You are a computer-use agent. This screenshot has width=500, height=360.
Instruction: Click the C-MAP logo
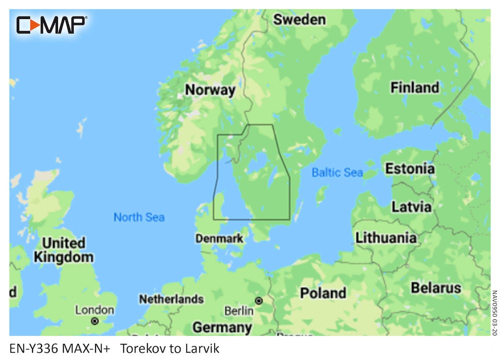click(x=51, y=25)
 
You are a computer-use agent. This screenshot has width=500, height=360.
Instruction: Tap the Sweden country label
click(x=299, y=20)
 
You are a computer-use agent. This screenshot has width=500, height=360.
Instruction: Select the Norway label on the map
click(x=210, y=90)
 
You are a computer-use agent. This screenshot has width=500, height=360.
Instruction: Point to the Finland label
click(x=414, y=87)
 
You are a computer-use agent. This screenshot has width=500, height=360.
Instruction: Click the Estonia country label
click(x=409, y=168)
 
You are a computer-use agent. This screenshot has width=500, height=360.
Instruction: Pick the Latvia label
click(x=411, y=206)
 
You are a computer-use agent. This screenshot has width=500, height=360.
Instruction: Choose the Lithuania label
click(x=385, y=237)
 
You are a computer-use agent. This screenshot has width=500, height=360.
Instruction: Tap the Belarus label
click(x=435, y=288)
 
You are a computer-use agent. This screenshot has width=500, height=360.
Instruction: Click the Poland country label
click(x=322, y=292)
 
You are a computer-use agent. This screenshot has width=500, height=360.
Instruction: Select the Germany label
click(x=222, y=327)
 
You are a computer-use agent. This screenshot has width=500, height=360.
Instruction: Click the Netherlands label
click(x=171, y=299)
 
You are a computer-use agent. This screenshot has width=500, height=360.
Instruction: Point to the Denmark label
click(x=219, y=238)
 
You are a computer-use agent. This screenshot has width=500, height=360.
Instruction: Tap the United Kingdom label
click(x=63, y=250)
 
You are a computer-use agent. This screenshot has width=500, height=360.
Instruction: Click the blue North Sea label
click(x=139, y=217)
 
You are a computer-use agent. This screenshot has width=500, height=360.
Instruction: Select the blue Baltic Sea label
click(x=337, y=173)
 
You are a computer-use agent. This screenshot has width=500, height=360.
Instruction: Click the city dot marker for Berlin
click(x=259, y=301)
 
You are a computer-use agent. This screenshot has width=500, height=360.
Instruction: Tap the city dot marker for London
click(x=94, y=321)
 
